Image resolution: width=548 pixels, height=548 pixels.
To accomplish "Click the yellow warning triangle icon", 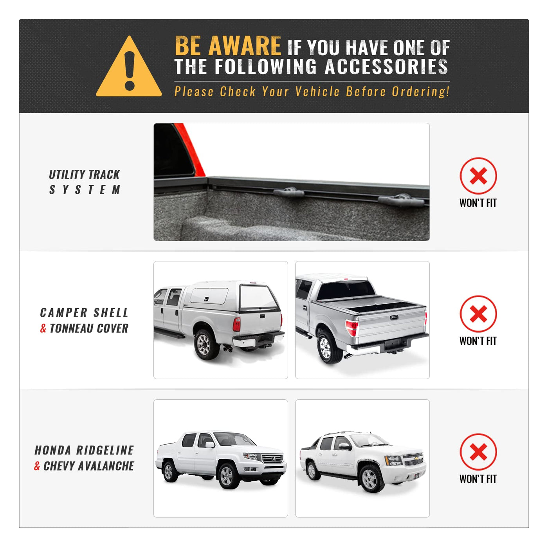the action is (x=129, y=68).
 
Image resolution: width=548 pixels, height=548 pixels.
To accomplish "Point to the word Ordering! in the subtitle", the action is (x=421, y=92).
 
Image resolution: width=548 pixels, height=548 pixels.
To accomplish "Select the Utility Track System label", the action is (x=85, y=182).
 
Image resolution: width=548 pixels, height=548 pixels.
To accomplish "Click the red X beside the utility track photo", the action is (x=478, y=176).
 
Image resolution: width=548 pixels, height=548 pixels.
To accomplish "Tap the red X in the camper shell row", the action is (x=478, y=314).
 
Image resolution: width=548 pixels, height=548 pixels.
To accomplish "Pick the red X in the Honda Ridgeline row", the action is (x=478, y=452).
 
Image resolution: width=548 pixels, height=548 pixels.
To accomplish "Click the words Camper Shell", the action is (x=84, y=312).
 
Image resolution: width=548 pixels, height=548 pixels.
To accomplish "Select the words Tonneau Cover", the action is (x=89, y=328).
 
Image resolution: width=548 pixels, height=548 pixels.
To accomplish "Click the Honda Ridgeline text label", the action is (x=84, y=451).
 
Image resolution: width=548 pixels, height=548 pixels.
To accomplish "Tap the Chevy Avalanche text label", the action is (x=89, y=466).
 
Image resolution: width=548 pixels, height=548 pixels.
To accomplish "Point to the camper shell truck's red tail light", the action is (x=236, y=324).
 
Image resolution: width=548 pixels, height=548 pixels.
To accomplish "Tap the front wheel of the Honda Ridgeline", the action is (x=227, y=476).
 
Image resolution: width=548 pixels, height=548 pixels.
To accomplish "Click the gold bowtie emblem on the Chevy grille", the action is (x=417, y=459).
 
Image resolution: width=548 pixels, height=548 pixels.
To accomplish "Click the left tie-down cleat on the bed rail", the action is (x=288, y=193).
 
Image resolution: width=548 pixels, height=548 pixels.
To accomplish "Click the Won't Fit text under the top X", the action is (x=478, y=203).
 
